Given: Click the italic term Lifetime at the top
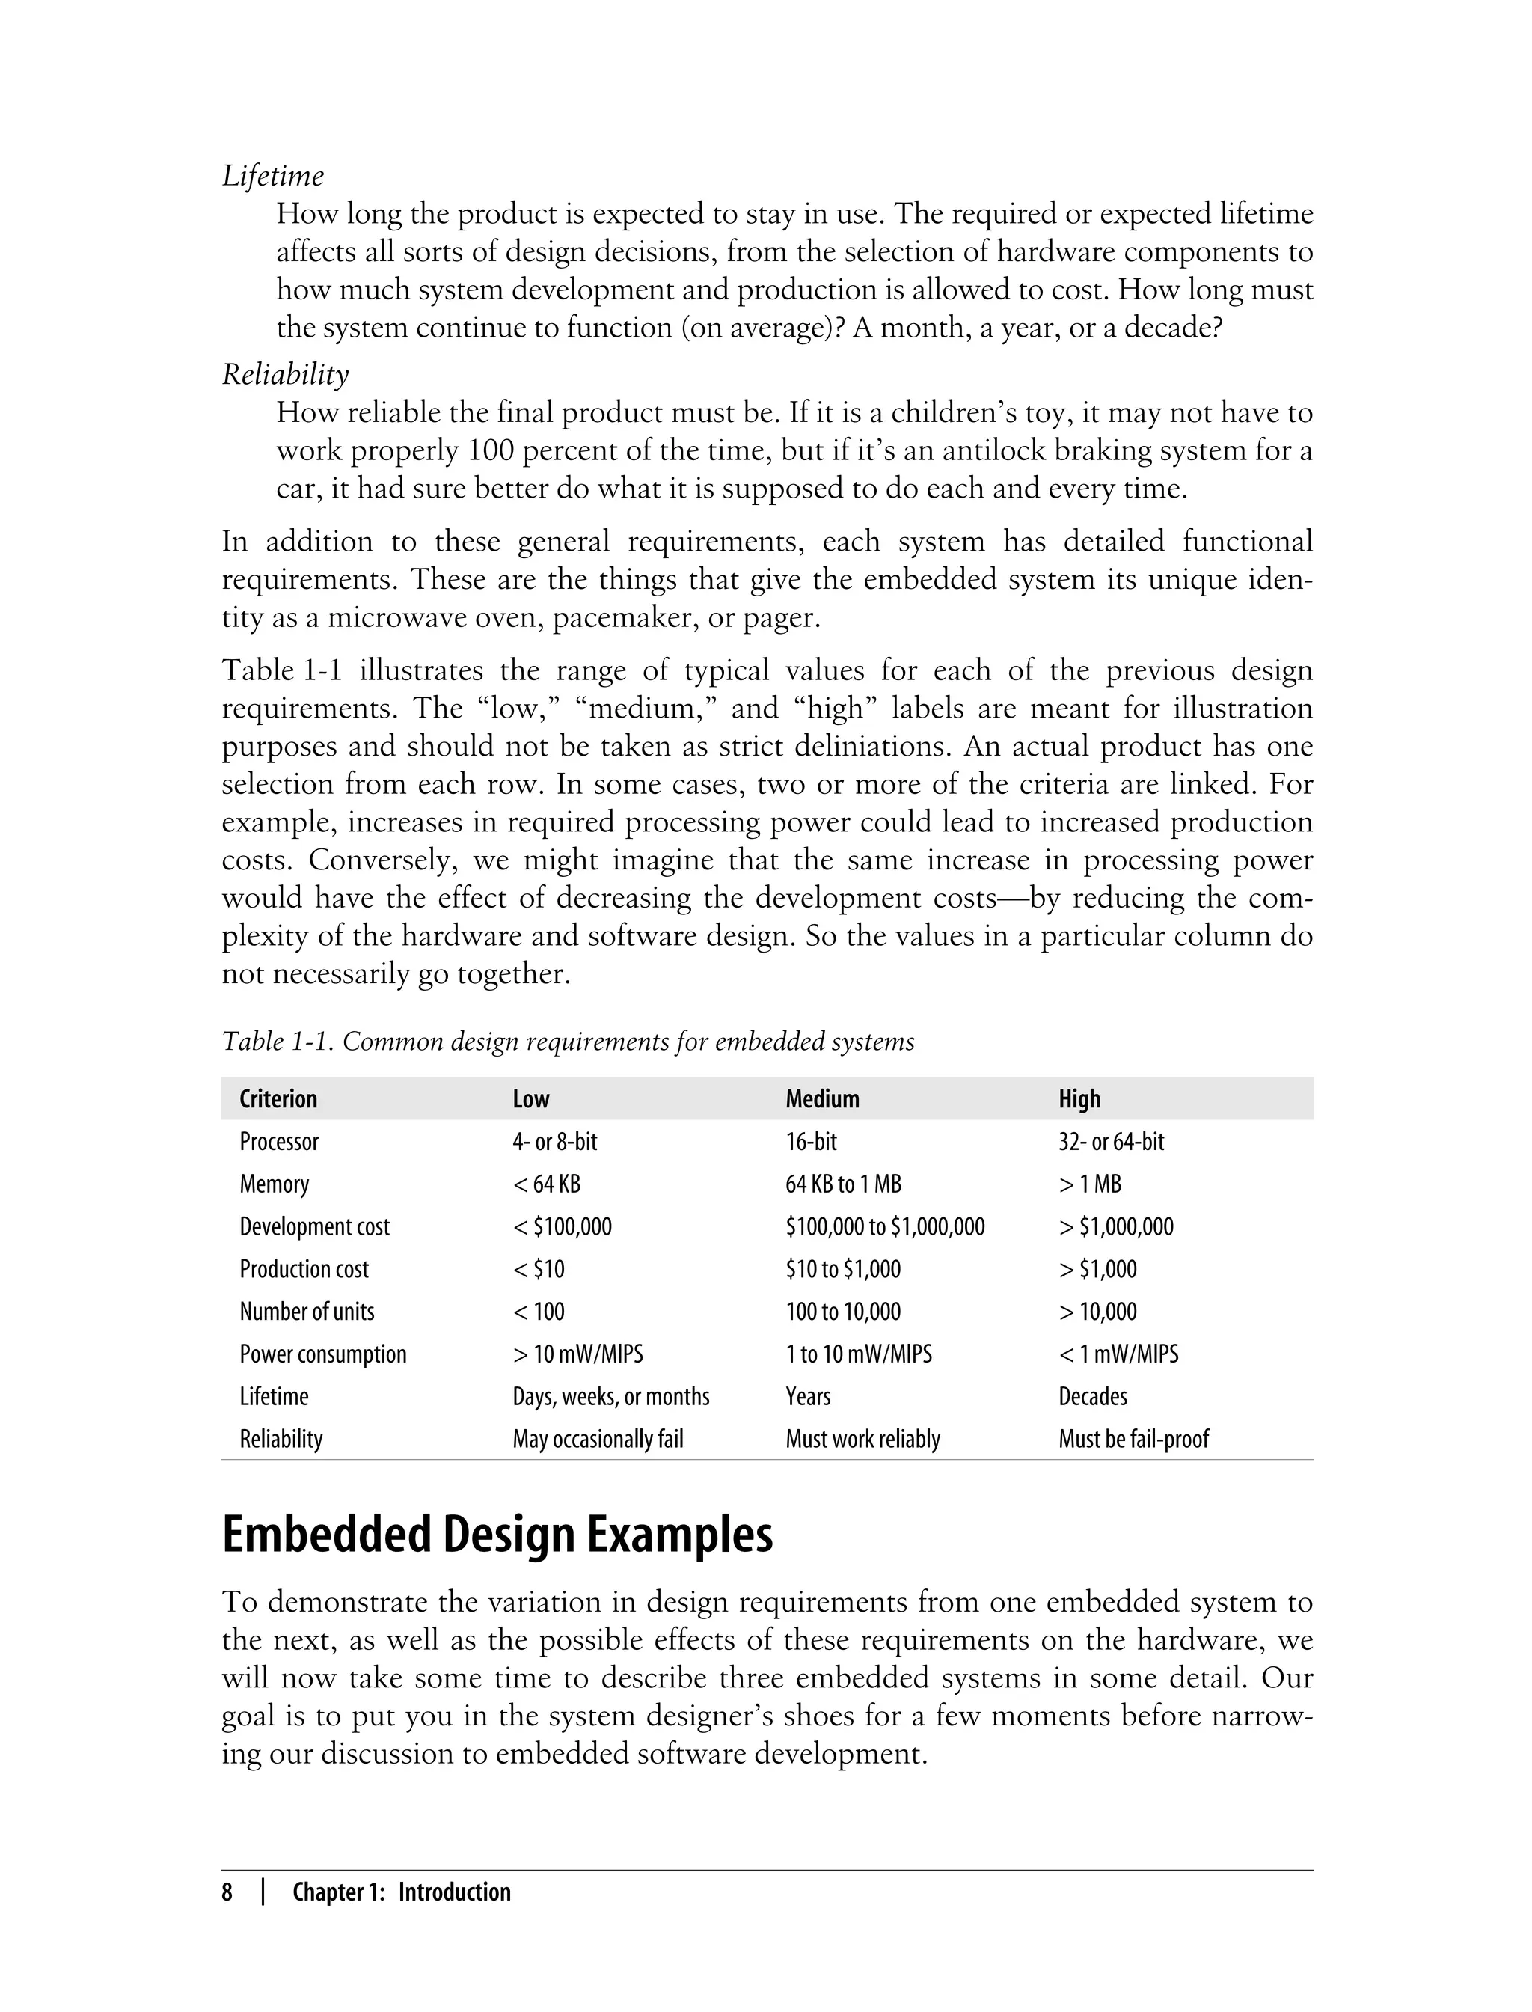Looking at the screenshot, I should tap(272, 175).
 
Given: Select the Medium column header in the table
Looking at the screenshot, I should tap(821, 1098).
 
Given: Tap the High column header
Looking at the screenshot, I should tap(1079, 1098).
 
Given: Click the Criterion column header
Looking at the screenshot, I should tap(278, 1098).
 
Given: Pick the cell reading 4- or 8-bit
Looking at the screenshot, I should tap(554, 1141).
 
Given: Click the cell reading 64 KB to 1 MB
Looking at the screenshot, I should tap(842, 1184).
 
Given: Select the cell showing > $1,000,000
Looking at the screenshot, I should tap(1115, 1226).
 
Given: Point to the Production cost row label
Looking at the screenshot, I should tap(304, 1269).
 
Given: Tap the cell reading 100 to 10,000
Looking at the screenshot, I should tap(842, 1312).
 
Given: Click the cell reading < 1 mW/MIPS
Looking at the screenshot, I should tap(1118, 1354).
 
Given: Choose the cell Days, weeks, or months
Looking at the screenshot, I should tap(610, 1396).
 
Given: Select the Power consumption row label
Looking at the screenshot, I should tap(323, 1354).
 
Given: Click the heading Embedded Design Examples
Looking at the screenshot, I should tap(497, 1535).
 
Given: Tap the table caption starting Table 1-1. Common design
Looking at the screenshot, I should tap(567, 1041).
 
